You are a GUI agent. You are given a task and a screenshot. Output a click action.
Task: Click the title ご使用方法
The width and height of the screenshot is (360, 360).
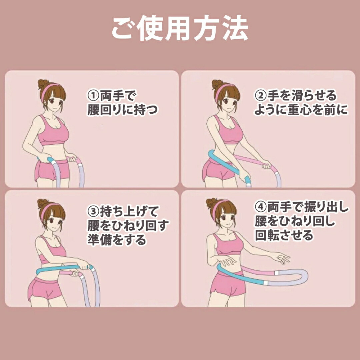coord(180,28)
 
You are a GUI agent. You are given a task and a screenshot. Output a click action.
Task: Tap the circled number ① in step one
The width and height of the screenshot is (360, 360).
coord(93,96)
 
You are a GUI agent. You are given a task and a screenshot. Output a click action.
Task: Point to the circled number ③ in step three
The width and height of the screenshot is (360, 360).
coord(93,211)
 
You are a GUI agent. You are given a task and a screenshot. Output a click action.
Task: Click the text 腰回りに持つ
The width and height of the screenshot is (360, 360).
coord(123,110)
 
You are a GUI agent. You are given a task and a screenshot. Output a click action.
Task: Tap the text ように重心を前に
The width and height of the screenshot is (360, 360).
coord(301,110)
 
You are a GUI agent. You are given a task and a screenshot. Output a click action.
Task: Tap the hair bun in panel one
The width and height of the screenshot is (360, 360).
coord(43,84)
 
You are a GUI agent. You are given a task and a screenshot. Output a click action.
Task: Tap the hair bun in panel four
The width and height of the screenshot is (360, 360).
coord(211,203)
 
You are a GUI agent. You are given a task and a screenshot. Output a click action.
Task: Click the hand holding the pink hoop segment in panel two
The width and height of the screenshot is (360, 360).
coord(266,165)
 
